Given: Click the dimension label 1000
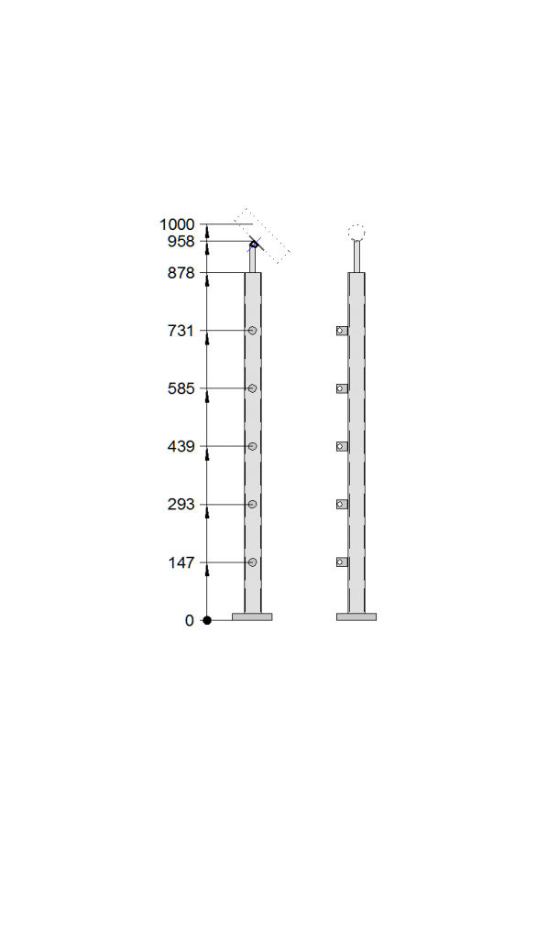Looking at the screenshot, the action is (177, 224).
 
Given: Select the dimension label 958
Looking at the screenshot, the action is (181, 241).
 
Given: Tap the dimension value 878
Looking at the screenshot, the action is (181, 273).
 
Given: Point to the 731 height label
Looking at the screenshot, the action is (181, 330).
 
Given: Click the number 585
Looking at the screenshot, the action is (181, 388).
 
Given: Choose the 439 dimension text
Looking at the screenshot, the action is (181, 446).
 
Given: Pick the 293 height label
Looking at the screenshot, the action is (181, 505).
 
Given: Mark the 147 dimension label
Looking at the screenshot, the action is (181, 562).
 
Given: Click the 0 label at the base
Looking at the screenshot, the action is (189, 620).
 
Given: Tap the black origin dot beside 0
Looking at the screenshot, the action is (207, 620).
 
